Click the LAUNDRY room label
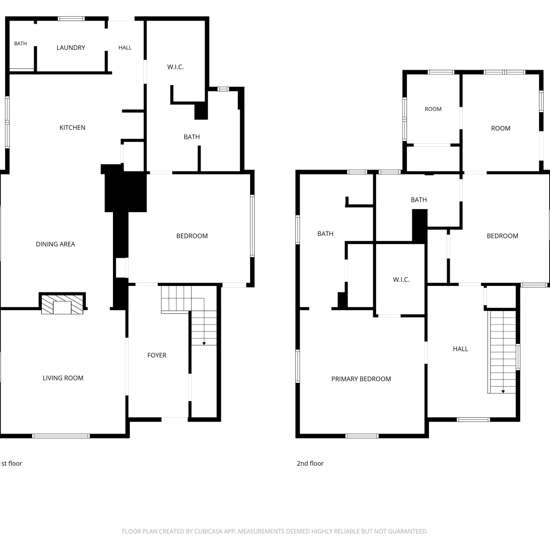[x=71, y=48]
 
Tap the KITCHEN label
[x=72, y=128]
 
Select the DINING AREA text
[x=55, y=244]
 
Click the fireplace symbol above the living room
[x=62, y=304]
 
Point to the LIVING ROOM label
[x=63, y=378]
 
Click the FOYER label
[x=157, y=355]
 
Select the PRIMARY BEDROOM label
[x=361, y=379]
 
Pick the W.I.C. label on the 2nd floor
[x=401, y=280]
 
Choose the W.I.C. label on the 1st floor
[x=175, y=67]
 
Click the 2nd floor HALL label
[x=461, y=349]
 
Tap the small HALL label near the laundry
[x=125, y=48]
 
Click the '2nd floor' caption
[x=310, y=463]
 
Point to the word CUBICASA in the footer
[x=208, y=531]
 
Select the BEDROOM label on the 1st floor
[x=192, y=236]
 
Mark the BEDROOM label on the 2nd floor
[x=502, y=236]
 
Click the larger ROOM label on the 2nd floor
[x=500, y=128]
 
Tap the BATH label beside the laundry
[x=21, y=44]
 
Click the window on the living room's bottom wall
[x=61, y=436]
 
